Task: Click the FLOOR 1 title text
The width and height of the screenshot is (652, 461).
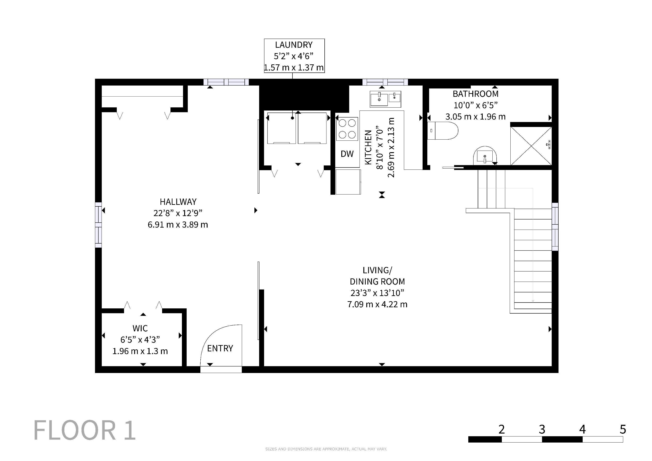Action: coord(85,430)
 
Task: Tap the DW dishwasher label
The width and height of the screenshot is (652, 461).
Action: coord(347,154)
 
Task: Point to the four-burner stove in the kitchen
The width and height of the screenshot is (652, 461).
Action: coord(347,129)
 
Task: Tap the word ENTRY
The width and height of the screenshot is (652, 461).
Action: coord(220,348)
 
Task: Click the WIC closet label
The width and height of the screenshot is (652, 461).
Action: coord(140,328)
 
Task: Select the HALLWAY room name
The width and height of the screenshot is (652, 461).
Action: coord(178,202)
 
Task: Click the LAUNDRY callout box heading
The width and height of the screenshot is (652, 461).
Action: coord(294,45)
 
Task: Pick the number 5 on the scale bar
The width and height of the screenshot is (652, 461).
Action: coord(623,429)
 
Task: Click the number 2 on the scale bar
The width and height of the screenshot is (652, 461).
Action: coord(501,429)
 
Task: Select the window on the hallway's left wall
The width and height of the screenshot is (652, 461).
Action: coord(98,225)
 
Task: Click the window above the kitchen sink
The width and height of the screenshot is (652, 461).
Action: coord(385,82)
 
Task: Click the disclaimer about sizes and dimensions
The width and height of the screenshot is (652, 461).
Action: coord(326,449)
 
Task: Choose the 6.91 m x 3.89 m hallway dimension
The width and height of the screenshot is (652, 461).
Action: coord(178,225)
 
